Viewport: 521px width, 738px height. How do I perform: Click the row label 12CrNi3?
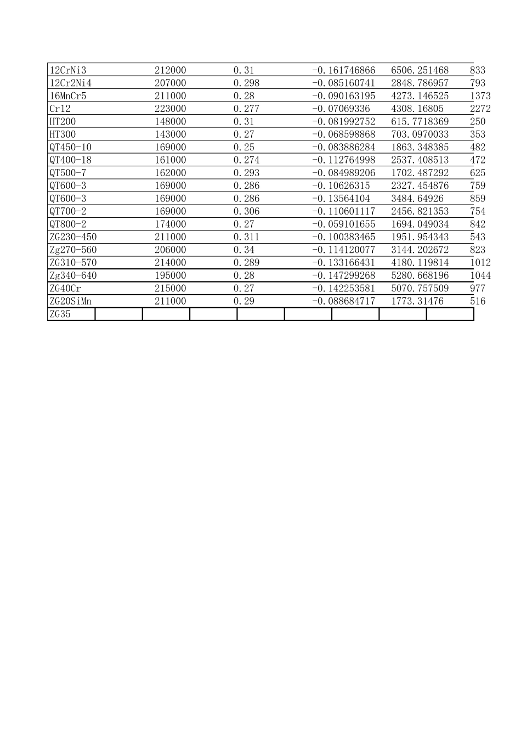68,70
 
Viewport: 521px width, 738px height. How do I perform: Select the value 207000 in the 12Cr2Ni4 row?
170,83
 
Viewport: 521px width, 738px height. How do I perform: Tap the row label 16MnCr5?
68,96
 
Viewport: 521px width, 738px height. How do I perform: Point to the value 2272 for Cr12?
480,109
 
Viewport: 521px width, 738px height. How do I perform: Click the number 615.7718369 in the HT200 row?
420,122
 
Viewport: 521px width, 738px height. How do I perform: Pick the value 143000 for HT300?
170,134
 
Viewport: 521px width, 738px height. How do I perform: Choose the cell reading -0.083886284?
344,147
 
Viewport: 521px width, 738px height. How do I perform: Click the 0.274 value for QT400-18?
246,160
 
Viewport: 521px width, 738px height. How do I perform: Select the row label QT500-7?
68,173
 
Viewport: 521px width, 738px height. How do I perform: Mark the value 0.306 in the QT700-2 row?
246,211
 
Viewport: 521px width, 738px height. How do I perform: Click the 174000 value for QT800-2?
170,224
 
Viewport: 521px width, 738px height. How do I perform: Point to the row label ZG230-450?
73,237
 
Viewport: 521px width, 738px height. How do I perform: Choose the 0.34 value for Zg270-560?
243,250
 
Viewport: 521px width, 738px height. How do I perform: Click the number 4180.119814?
420,263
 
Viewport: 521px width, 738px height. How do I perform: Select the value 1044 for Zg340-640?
480,275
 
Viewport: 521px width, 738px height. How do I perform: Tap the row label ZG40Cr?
65,288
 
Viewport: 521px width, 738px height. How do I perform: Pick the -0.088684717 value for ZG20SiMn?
344,301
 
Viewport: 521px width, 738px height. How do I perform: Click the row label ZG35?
60,314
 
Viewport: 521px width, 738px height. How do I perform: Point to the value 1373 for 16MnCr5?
480,96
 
